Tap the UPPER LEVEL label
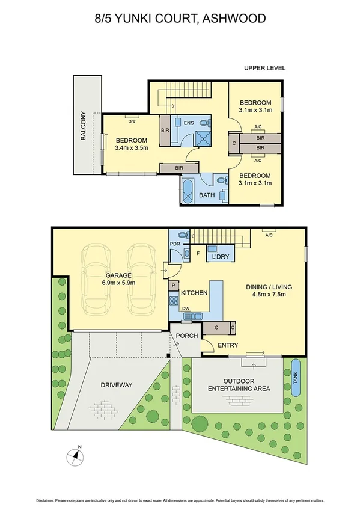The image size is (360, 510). point(264,69)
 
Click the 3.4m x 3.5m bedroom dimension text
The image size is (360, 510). point(131,149)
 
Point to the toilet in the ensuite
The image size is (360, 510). point(206,123)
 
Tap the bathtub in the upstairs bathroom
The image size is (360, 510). point(188,191)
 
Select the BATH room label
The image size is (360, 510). point(207,195)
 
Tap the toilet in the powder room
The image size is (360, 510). point(184,234)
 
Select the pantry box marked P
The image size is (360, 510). point(174,286)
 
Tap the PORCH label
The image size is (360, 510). point(187,336)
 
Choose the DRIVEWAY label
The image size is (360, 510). point(116,385)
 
